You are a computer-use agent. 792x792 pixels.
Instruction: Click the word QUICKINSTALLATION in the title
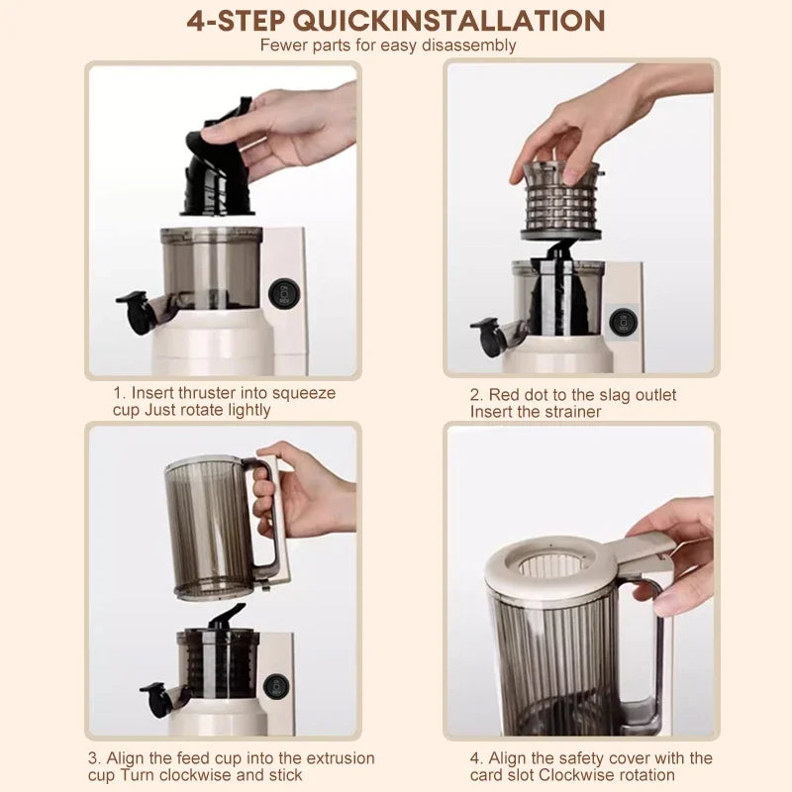[478, 20]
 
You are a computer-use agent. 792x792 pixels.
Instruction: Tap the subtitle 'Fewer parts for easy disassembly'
[388, 45]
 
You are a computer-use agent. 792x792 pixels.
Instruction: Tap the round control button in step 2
[621, 321]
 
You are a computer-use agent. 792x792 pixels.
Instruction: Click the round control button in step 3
[278, 685]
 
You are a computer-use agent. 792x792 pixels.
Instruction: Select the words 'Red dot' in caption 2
[521, 395]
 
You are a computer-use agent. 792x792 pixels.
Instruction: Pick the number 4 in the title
[196, 20]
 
